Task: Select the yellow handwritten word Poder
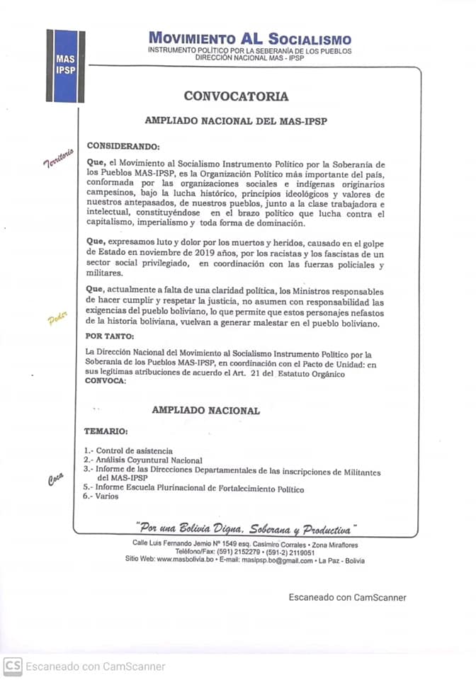(x=57, y=320)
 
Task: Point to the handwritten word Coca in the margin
(x=56, y=480)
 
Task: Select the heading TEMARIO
(x=106, y=431)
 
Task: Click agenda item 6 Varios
(x=101, y=497)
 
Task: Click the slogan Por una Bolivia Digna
(x=245, y=529)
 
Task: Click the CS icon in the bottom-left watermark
(x=11, y=666)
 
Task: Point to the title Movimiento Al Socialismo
(x=249, y=39)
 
